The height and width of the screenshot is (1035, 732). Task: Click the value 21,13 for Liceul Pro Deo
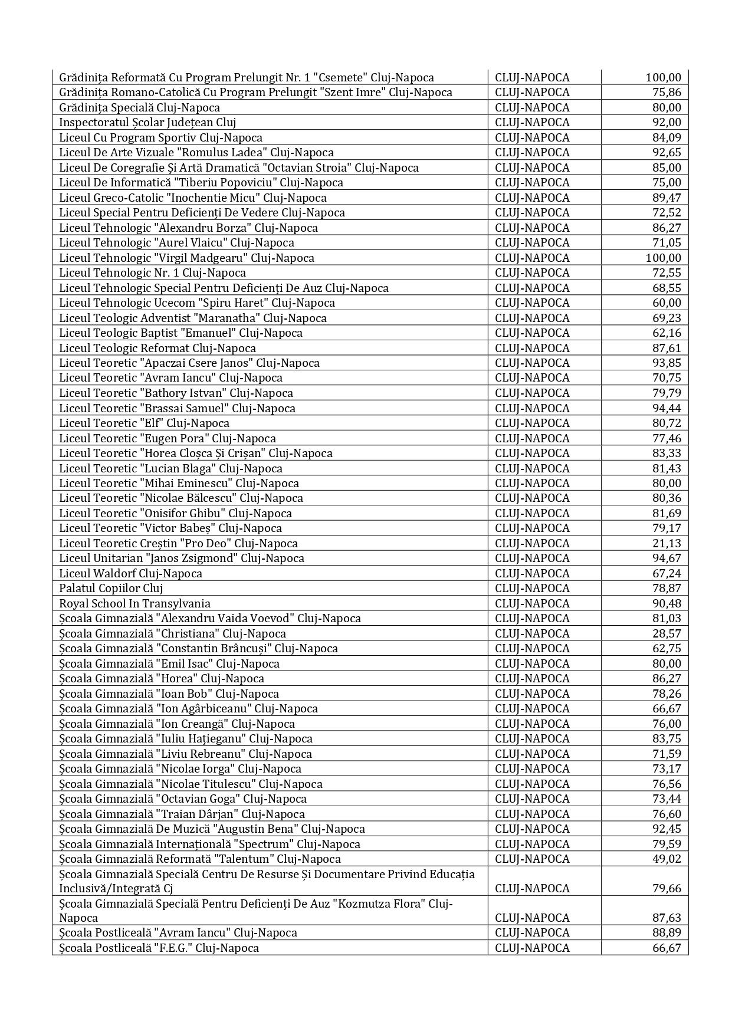tap(667, 543)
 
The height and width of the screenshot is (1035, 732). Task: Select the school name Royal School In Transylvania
tap(134, 603)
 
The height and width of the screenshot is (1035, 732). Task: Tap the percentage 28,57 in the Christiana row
tap(667, 633)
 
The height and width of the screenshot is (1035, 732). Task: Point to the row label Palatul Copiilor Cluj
tap(111, 588)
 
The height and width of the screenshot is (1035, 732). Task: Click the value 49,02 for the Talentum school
tap(667, 859)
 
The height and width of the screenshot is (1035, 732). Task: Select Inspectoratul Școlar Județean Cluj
tap(147, 122)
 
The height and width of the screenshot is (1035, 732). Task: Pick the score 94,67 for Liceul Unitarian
tap(667, 558)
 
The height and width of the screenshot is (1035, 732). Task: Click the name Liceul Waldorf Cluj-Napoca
tap(130, 573)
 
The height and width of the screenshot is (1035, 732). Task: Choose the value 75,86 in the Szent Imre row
tap(667, 92)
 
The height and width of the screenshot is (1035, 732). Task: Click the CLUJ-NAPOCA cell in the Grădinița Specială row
tap(532, 107)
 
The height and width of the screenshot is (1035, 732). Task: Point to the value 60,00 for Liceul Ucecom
tap(667, 303)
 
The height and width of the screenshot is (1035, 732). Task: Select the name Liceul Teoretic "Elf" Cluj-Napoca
tap(144, 423)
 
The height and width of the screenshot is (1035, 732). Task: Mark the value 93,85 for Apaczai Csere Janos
tap(667, 363)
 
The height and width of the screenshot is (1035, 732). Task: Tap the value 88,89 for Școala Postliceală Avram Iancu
tap(667, 932)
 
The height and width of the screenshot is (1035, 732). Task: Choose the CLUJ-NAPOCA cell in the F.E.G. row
tap(532, 948)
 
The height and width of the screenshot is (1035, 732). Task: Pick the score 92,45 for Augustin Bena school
tap(667, 829)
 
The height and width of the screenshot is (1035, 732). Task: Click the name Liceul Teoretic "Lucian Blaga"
tap(170, 468)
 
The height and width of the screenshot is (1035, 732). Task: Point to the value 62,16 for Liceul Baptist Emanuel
tap(667, 333)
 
